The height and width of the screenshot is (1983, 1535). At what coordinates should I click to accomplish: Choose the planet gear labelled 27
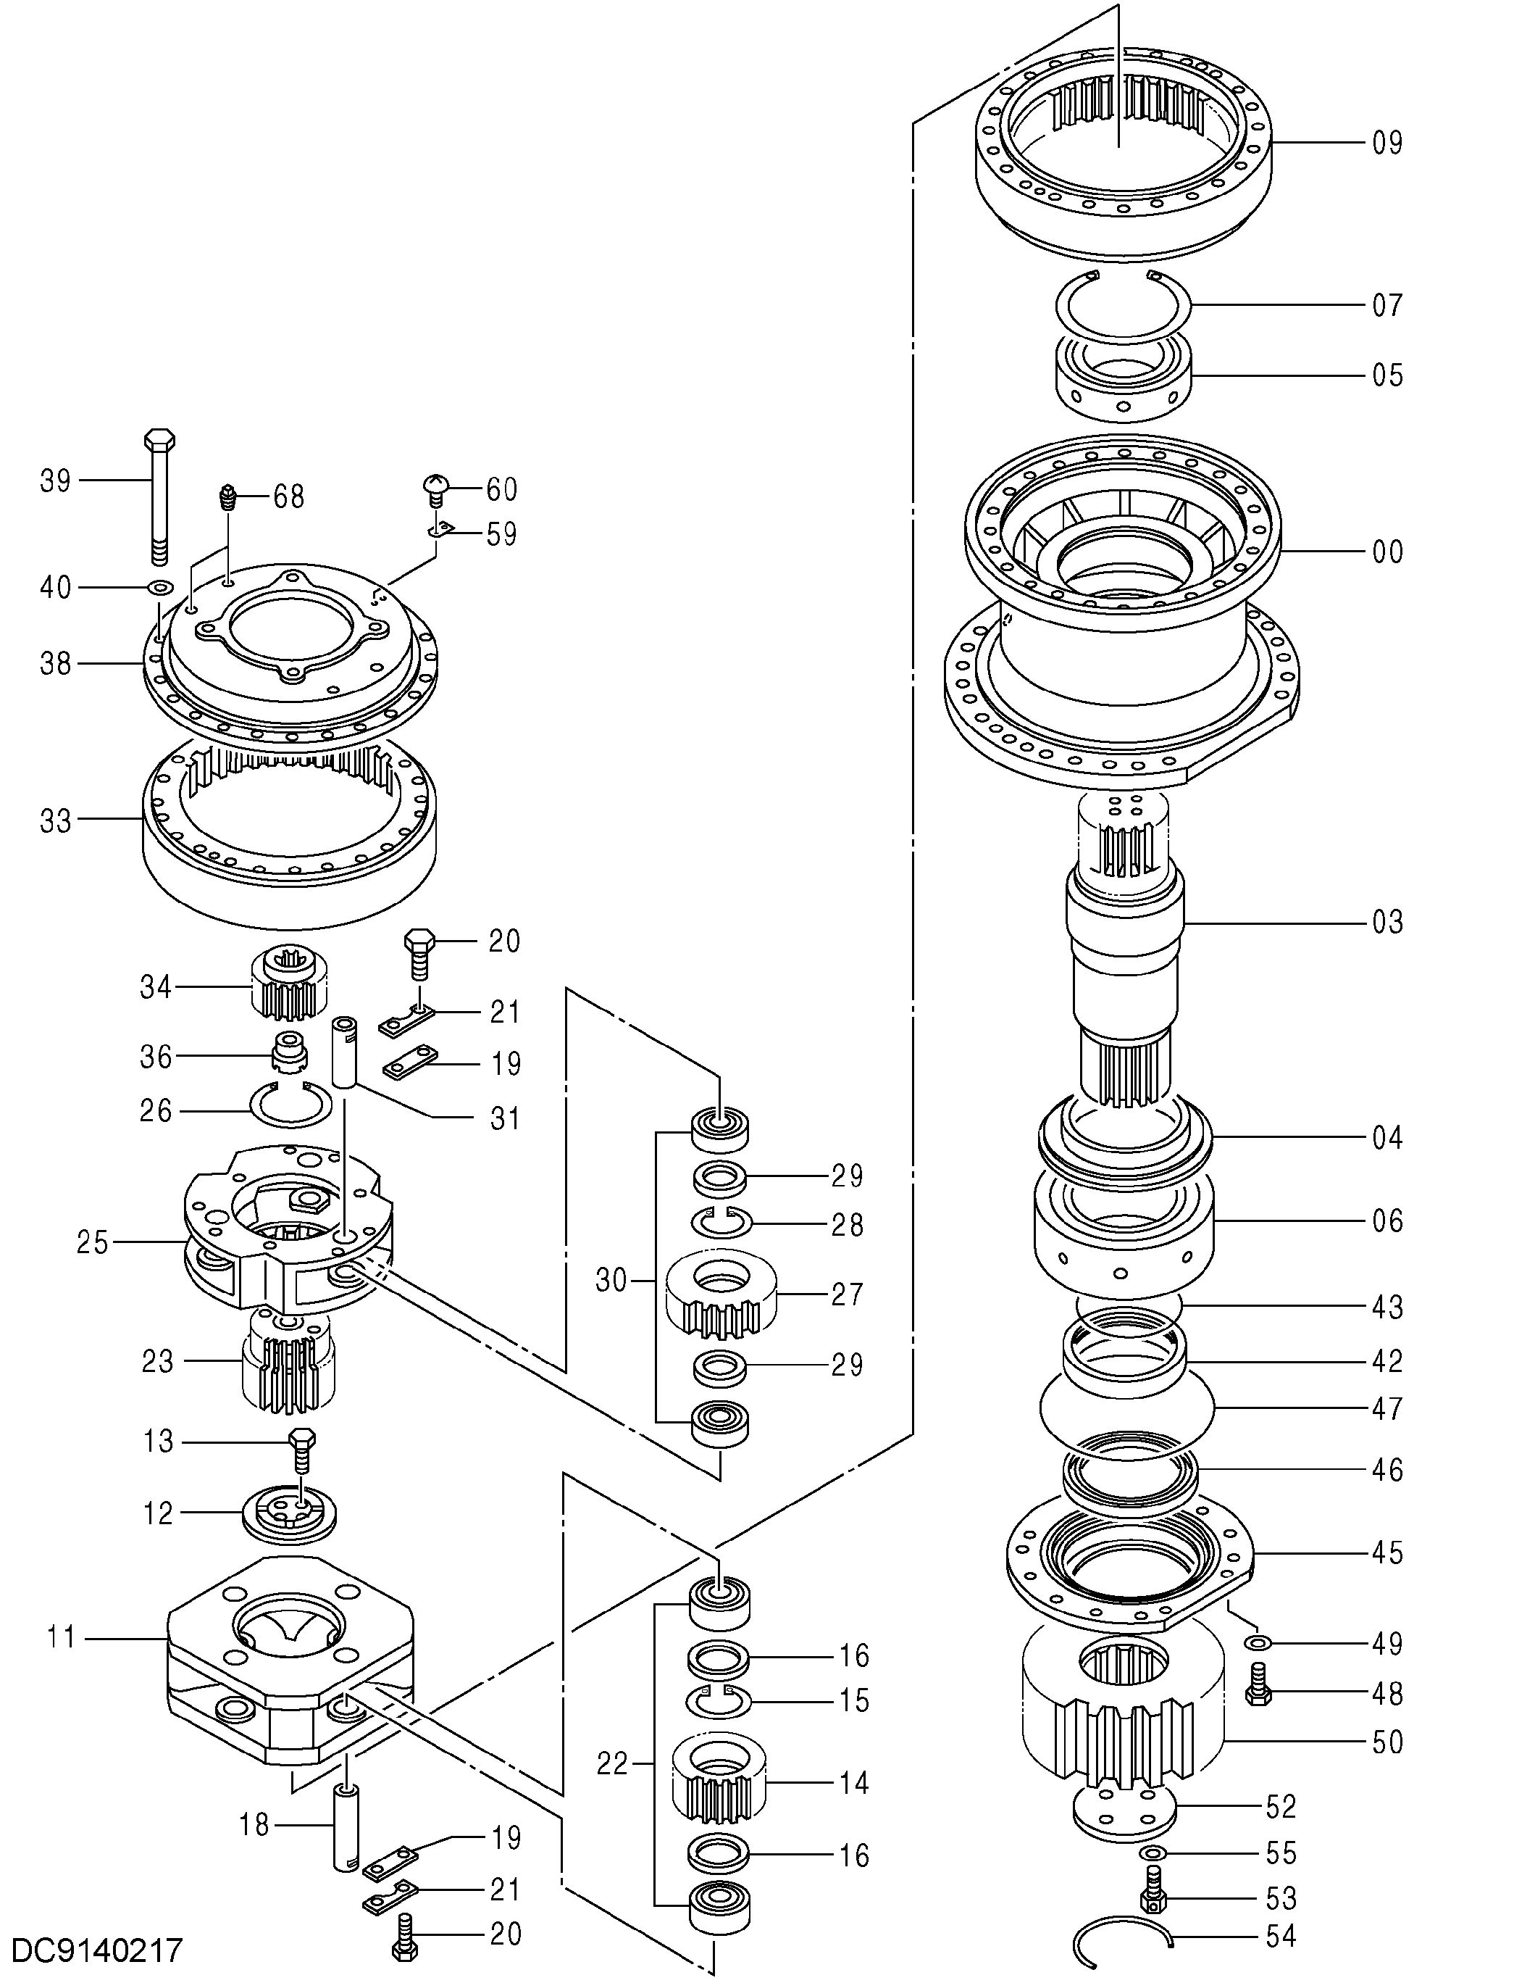pos(721,1293)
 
